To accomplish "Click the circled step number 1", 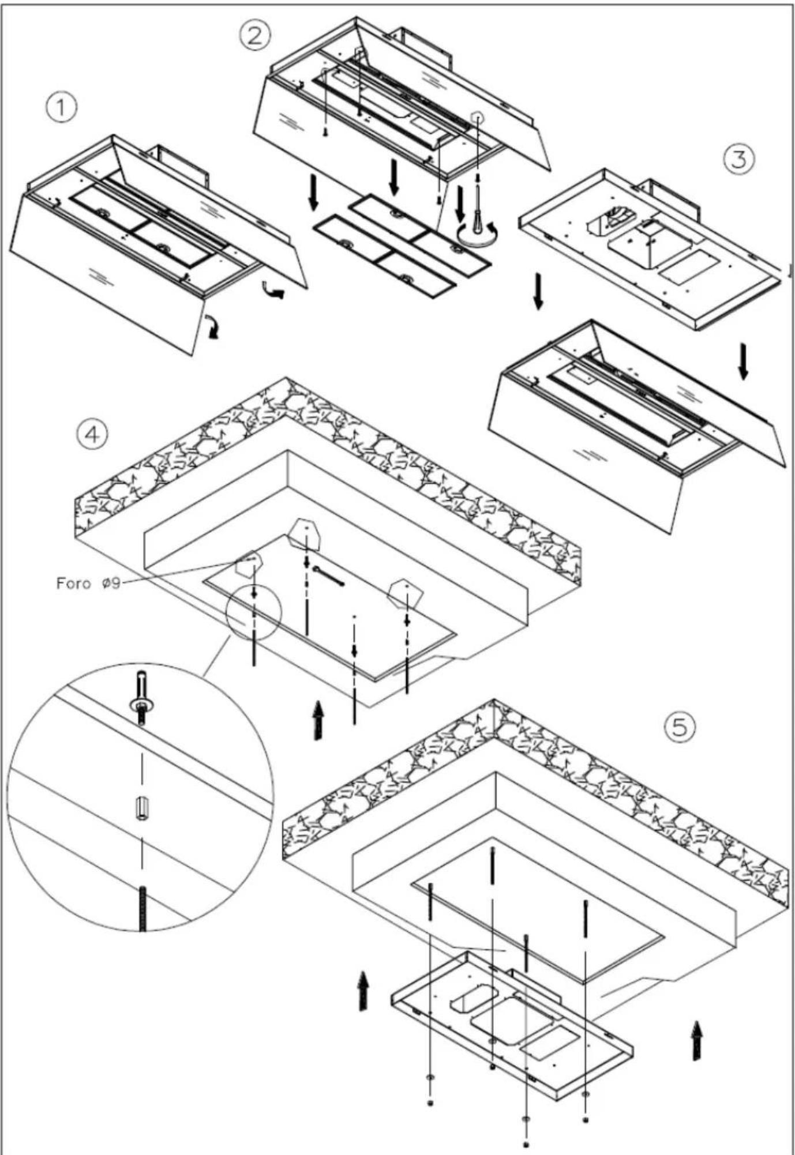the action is click(x=61, y=107).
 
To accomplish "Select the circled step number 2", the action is click(x=254, y=35).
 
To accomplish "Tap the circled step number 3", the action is click(x=739, y=157).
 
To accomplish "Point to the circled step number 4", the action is click(x=92, y=434).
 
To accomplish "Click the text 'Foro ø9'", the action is click(x=88, y=583).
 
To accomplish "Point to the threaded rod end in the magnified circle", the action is click(x=142, y=908).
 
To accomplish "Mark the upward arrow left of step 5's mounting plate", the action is click(x=362, y=990).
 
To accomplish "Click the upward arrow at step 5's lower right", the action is click(x=697, y=1041).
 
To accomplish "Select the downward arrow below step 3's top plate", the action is click(x=538, y=291).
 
